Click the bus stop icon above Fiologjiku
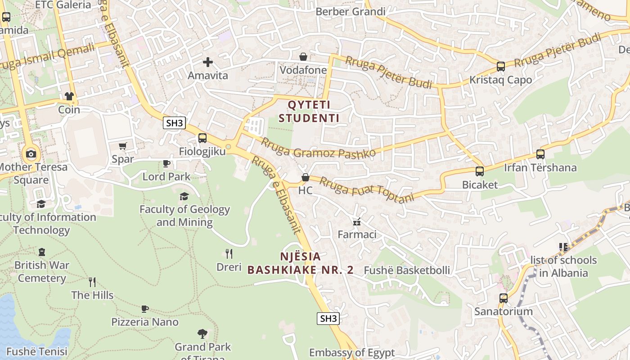[202, 138]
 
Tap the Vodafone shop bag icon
[303, 57]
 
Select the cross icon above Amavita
[208, 62]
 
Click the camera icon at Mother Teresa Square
[31, 154]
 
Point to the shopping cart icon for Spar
[122, 146]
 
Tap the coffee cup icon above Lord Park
[166, 163]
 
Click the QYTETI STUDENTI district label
[309, 111]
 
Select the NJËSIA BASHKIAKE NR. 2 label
[301, 263]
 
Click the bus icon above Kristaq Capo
[500, 67]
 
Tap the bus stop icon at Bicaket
[480, 171]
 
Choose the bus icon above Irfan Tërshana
[540, 154]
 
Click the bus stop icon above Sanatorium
[503, 298]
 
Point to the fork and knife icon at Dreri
[229, 254]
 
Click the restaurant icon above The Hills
[92, 282]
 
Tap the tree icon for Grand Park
[202, 333]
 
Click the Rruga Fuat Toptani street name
[367, 189]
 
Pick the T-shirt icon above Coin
[69, 96]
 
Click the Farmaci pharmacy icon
[357, 221]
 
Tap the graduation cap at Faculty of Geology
[184, 196]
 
